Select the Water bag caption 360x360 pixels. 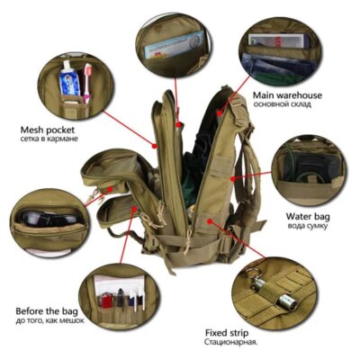[x=306, y=216]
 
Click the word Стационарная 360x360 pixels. [x=257, y=341]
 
